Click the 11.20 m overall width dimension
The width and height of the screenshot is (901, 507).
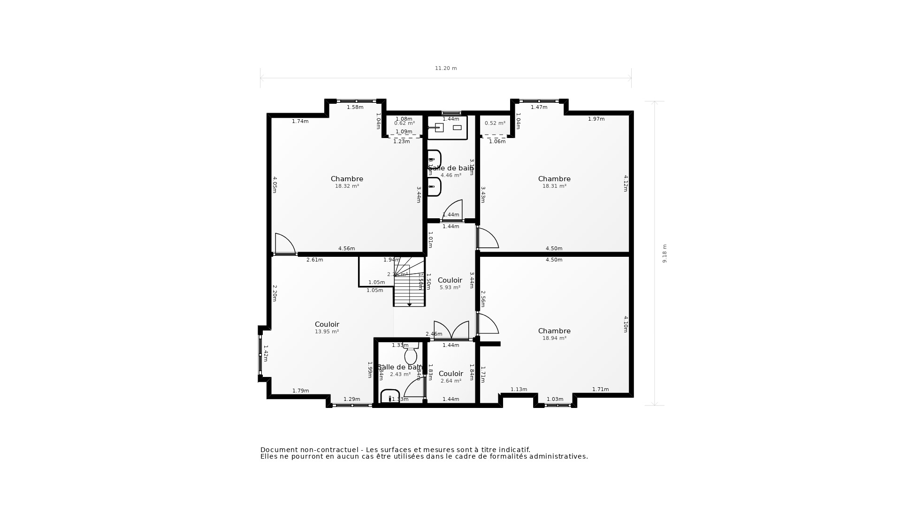click(x=445, y=69)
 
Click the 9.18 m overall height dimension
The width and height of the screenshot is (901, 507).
click(x=664, y=253)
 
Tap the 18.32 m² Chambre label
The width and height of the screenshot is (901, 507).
click(x=347, y=182)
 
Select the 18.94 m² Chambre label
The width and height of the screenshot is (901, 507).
click(x=554, y=334)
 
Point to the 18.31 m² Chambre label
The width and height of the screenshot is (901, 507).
click(x=554, y=182)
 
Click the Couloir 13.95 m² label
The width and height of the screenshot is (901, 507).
click(x=327, y=328)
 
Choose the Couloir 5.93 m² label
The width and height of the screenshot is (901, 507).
click(x=450, y=284)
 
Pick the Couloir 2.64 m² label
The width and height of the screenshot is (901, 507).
click(x=450, y=377)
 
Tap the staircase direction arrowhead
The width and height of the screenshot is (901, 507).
click(x=409, y=305)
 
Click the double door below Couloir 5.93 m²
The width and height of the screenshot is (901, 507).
click(x=451, y=330)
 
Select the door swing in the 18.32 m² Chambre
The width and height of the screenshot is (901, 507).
click(x=284, y=244)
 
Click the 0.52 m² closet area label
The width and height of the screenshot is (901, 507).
click(x=495, y=123)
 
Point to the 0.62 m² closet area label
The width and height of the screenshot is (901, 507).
click(x=404, y=123)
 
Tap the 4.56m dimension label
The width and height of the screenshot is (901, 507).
click(x=346, y=249)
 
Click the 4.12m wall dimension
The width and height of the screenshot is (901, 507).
click(x=626, y=183)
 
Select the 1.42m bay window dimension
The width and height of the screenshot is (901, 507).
click(x=266, y=353)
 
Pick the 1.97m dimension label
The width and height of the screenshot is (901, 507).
click(x=596, y=119)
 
